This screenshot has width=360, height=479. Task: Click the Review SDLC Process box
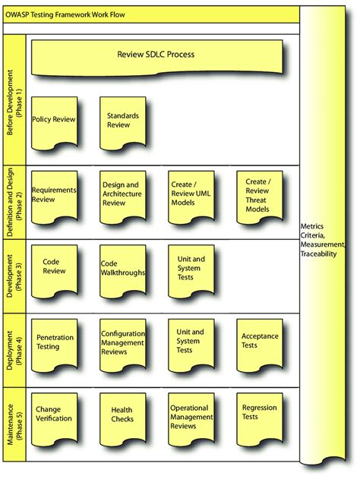tap(156, 57)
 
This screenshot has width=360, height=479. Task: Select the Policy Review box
tap(54, 123)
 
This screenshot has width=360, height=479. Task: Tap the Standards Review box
tap(122, 123)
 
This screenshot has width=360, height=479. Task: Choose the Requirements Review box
tap(54, 197)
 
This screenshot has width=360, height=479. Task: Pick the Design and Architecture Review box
tap(122, 197)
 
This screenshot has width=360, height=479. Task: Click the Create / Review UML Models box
tap(191, 197)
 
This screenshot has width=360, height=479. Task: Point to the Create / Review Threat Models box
tap(260, 197)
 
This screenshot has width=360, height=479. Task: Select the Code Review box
tap(54, 271)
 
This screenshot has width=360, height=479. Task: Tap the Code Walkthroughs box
tap(122, 271)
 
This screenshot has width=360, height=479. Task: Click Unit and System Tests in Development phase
tap(191, 271)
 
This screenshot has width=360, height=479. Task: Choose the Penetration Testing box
tap(54, 345)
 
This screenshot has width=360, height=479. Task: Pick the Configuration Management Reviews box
tap(122, 345)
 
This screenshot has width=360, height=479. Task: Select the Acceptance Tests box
tap(260, 345)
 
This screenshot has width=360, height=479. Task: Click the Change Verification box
tap(54, 419)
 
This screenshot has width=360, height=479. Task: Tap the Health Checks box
tap(122, 419)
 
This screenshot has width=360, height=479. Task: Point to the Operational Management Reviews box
tap(191, 419)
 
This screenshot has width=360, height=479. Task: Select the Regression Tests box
tap(260, 419)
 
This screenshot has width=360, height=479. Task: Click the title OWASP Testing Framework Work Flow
tap(65, 14)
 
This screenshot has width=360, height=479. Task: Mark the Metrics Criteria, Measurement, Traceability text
tap(323, 240)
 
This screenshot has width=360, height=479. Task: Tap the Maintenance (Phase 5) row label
tap(14, 424)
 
